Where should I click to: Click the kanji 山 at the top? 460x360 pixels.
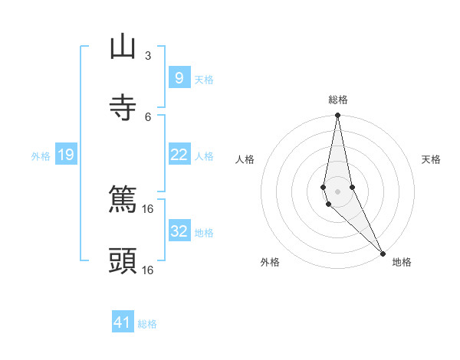click(x=123, y=47)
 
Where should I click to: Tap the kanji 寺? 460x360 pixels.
click(x=123, y=108)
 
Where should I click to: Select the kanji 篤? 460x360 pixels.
click(x=123, y=201)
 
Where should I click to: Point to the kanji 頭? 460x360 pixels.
click(x=123, y=261)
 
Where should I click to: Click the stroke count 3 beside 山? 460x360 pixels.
click(x=148, y=56)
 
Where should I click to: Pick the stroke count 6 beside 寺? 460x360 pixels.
click(x=148, y=116)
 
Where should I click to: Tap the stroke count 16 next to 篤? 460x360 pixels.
click(x=148, y=208)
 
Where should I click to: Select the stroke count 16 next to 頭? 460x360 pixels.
click(x=148, y=270)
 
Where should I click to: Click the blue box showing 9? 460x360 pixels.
click(x=179, y=77)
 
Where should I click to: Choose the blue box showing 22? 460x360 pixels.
click(x=179, y=155)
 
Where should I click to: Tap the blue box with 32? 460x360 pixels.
click(x=179, y=231)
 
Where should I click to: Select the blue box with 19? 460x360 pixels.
click(x=65, y=155)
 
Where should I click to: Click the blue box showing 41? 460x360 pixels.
click(x=123, y=322)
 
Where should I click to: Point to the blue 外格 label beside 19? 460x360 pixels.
click(x=41, y=155)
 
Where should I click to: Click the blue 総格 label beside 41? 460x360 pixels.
click(x=147, y=324)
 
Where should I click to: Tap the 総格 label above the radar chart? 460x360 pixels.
click(x=338, y=100)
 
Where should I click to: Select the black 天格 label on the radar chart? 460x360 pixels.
click(x=431, y=159)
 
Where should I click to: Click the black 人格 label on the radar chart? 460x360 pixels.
click(x=245, y=159)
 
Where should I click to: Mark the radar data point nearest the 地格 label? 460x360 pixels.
click(x=383, y=253)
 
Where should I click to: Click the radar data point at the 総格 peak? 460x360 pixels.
click(x=338, y=116)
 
